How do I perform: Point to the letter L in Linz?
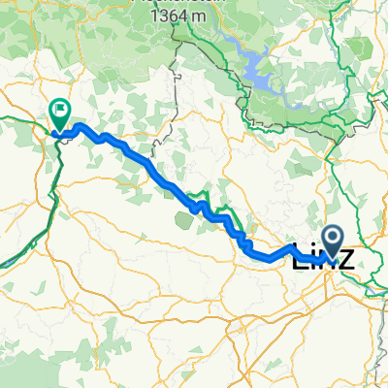pyautogui.click(x=301, y=257)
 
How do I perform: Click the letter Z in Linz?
pyautogui.click(x=342, y=257)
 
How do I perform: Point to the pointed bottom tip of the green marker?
pyautogui.click(x=60, y=132)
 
